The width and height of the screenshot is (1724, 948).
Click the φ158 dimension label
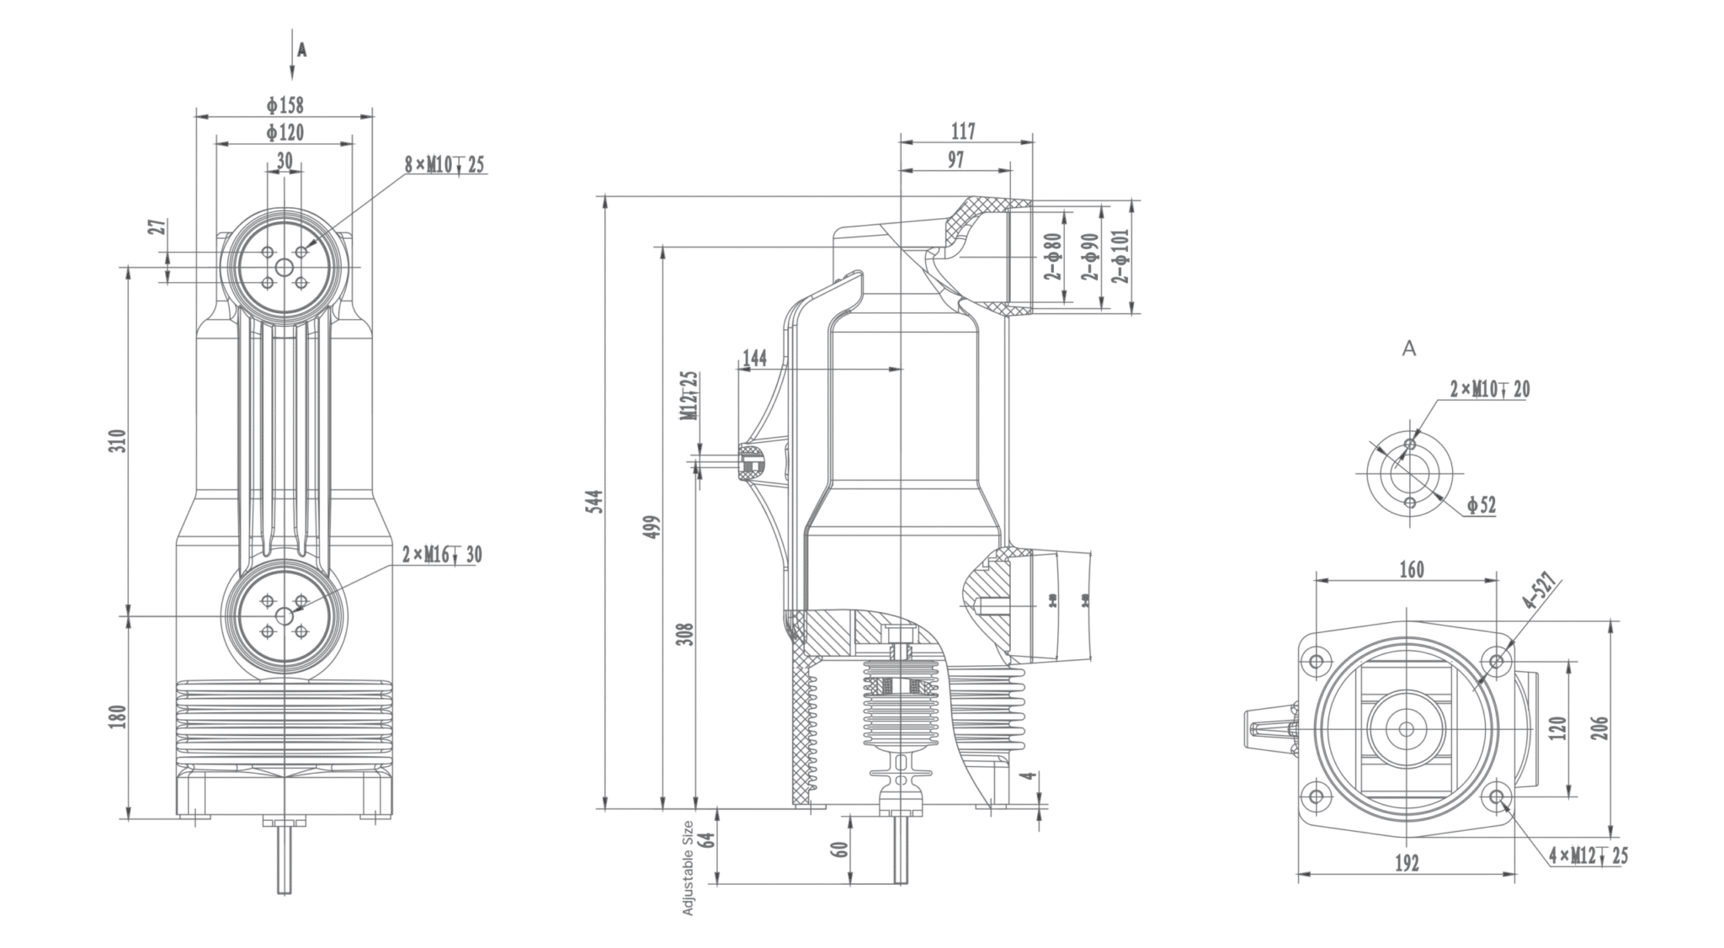285,105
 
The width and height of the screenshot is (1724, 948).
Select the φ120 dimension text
285,133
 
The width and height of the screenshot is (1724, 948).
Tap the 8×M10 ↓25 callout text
444,164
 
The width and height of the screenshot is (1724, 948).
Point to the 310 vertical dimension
118,441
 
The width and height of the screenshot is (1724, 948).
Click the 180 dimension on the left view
118,716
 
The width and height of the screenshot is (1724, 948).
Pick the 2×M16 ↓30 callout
441,554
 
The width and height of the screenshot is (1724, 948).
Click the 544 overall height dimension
595,502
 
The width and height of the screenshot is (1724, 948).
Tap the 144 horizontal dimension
754,358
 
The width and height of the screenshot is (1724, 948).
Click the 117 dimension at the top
963,131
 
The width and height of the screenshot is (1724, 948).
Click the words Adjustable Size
689,867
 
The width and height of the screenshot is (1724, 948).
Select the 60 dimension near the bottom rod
838,849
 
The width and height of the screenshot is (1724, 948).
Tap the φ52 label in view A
1481,505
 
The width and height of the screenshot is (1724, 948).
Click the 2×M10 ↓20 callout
1489,389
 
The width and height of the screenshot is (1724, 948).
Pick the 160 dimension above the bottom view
1412,570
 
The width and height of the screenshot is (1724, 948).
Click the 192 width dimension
1407,863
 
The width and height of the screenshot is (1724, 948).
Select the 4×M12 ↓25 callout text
1588,856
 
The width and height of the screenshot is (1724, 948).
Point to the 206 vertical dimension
1600,727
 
